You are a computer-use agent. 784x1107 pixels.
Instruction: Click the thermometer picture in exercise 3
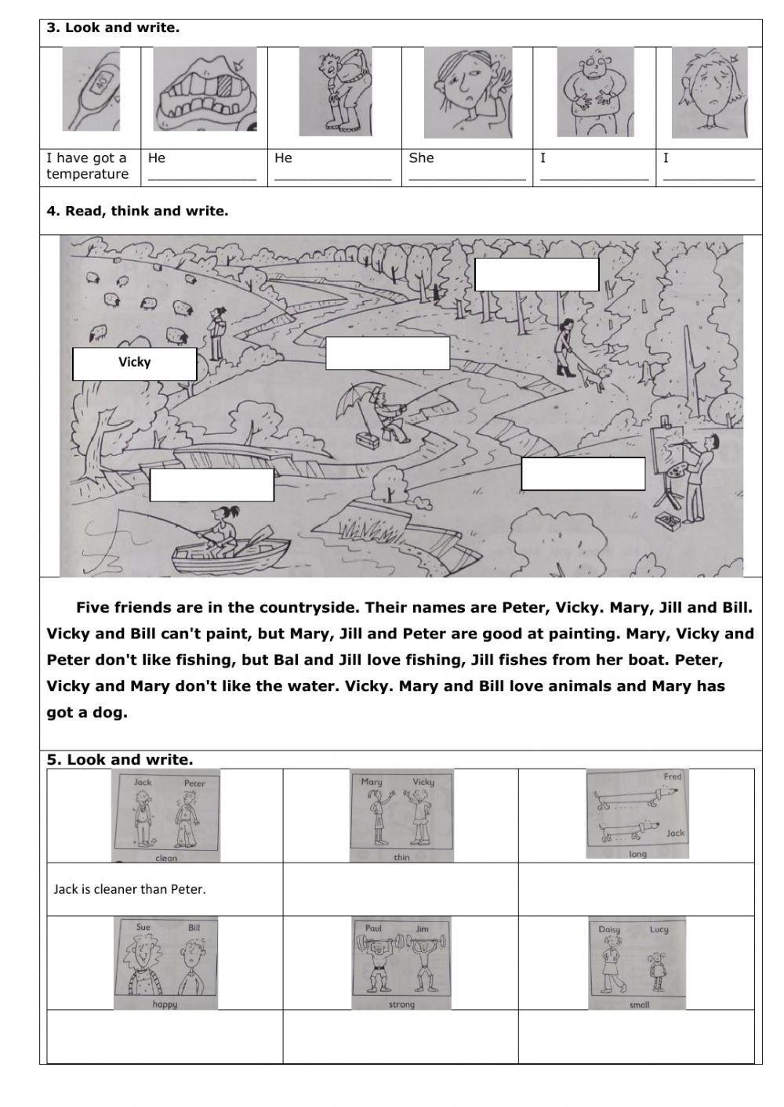[x=91, y=89]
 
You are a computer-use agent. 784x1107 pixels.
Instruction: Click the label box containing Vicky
[x=134, y=364]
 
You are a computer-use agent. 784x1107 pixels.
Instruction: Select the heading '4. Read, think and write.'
[x=137, y=211]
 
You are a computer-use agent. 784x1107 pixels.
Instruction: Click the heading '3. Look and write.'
[x=113, y=28]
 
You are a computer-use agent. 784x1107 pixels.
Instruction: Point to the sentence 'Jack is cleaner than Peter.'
[x=129, y=889]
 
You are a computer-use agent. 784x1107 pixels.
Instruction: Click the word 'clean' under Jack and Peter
[x=166, y=858]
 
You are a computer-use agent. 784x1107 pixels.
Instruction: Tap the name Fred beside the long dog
[x=673, y=776]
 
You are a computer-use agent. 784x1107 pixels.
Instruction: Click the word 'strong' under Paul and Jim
[x=401, y=1004]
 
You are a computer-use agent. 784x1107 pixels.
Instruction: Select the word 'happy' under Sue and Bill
[x=165, y=1004]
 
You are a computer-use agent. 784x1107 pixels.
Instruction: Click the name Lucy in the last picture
[x=659, y=929]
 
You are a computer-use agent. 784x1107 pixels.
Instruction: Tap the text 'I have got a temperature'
[x=87, y=166]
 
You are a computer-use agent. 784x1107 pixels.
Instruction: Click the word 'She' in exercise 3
[x=421, y=158]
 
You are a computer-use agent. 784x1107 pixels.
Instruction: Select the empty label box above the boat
[x=212, y=485]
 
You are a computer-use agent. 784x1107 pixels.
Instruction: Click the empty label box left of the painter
[x=583, y=474]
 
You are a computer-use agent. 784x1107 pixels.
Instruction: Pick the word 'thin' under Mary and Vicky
[x=401, y=857]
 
